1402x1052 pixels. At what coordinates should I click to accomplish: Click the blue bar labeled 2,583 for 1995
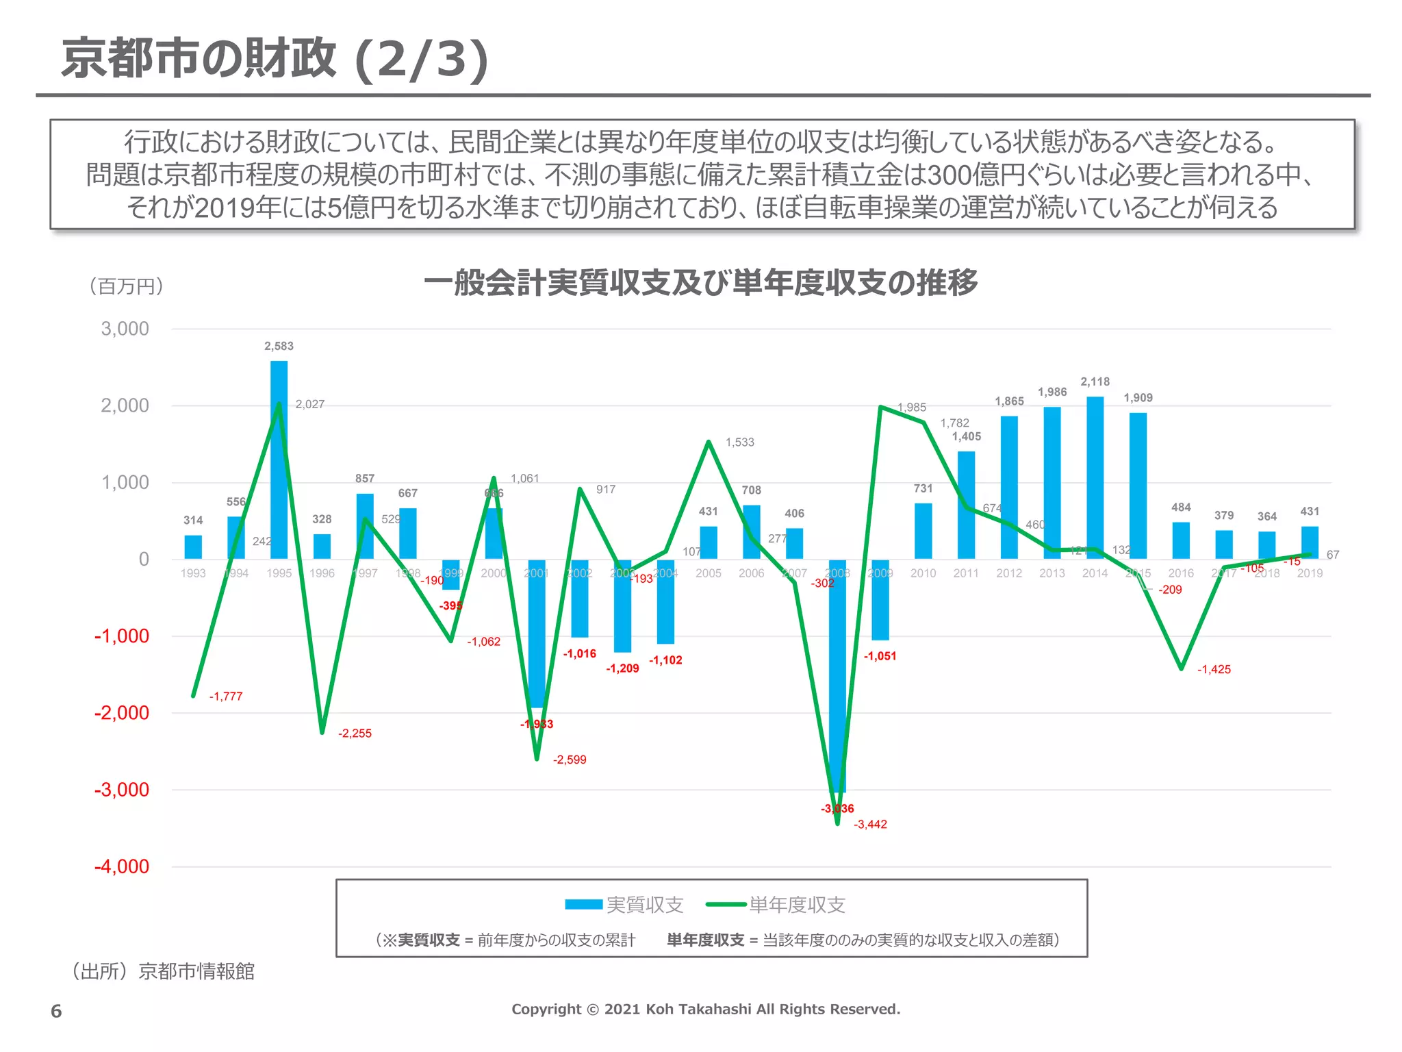tap(279, 459)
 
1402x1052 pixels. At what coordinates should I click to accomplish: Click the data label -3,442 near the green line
tap(870, 825)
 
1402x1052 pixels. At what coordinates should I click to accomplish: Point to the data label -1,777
tap(226, 697)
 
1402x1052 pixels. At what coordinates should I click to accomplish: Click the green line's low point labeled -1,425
tap(1181, 668)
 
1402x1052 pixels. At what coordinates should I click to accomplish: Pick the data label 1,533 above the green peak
tap(739, 442)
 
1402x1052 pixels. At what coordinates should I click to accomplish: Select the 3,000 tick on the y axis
tap(125, 329)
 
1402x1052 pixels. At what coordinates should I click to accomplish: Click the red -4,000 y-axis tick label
tap(122, 866)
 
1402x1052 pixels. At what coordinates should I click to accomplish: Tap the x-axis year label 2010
tap(923, 573)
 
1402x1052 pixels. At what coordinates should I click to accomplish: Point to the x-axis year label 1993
tap(193, 573)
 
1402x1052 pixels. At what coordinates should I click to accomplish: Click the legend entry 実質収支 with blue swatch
tap(624, 905)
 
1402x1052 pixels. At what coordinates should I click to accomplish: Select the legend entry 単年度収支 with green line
tap(776, 905)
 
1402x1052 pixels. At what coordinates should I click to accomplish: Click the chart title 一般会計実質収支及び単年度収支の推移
tap(700, 282)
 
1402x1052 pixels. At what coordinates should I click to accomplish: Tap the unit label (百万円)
tap(126, 286)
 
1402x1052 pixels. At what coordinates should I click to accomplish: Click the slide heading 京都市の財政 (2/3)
tap(275, 59)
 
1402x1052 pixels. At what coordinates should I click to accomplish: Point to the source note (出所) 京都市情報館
tap(162, 971)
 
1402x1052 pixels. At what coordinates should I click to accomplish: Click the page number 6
tap(56, 1011)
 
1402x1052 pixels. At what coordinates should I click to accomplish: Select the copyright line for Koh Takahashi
tap(706, 1009)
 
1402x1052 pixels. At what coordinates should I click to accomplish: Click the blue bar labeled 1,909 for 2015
tap(1138, 486)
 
